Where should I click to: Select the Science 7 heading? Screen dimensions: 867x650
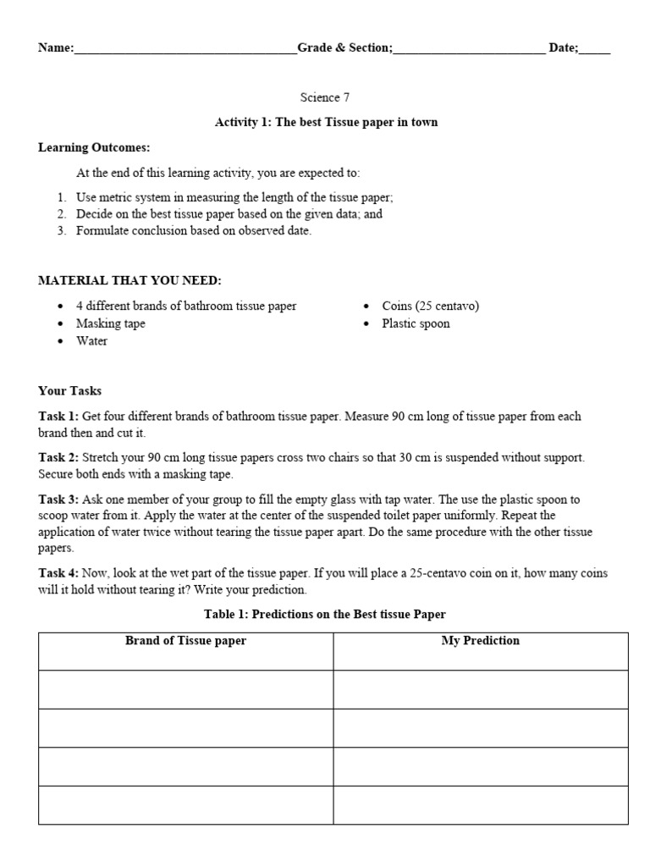[x=326, y=97]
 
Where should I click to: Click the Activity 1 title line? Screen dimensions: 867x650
[x=326, y=122]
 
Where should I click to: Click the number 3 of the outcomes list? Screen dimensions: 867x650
[x=62, y=230]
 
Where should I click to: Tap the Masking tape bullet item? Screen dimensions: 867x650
[x=110, y=323]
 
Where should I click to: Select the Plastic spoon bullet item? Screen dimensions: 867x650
[x=416, y=323]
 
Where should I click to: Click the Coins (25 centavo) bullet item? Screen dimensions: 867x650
[x=430, y=306]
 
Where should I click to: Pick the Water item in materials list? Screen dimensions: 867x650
[x=91, y=341]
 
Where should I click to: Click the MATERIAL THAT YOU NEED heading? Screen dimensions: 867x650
[x=129, y=280]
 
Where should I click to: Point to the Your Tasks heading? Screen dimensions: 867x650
[x=69, y=391]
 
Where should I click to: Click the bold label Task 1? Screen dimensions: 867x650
[x=58, y=417]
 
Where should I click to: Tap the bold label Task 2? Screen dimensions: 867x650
[x=58, y=458]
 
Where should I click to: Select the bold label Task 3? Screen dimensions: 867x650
[x=58, y=500]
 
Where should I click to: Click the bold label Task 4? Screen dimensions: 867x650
[x=58, y=573]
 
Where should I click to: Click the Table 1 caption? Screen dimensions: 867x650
[x=325, y=614]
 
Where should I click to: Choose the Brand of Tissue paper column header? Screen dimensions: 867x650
[x=185, y=641]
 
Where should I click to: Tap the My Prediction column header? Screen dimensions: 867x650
[x=481, y=641]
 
